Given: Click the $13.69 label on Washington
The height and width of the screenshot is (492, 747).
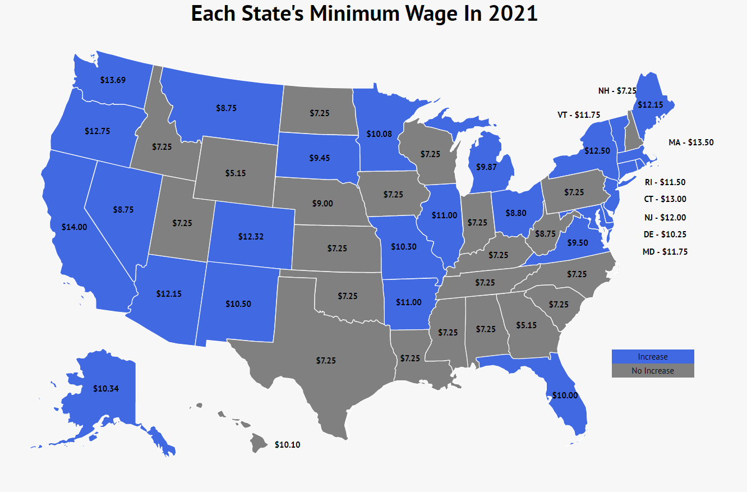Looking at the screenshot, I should pos(113,80).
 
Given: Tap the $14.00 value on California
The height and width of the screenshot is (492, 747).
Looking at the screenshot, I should pos(75,227).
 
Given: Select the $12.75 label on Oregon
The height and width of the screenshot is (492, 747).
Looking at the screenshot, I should pos(98,131).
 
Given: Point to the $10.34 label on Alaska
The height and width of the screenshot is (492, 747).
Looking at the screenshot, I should pos(105,388).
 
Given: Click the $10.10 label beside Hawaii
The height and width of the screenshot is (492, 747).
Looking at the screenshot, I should pos(287,445).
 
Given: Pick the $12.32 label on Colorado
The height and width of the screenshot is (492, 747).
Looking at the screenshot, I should pos(251,237).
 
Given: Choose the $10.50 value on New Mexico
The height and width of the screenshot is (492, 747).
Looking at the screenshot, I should pos(238,304).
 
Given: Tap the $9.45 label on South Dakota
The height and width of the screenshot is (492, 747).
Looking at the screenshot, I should pos(319,158).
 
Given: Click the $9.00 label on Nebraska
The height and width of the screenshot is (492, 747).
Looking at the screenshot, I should pos(322,204).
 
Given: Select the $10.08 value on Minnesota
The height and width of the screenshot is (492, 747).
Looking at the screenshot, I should pos(379,134).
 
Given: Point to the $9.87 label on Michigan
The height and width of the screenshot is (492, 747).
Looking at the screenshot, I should pos(486,167).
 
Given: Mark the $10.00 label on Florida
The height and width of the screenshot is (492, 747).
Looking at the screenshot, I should pos(565,395).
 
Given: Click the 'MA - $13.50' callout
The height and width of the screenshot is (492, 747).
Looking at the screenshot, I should pos(691,142).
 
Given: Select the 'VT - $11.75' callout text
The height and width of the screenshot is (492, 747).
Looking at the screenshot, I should pos(579,115).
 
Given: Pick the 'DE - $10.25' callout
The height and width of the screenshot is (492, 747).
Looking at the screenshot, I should pos(665,234).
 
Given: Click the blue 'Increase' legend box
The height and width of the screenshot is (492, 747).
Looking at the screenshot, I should pos(653,357).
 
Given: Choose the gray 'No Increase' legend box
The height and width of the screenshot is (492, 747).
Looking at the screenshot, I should pos(653,371).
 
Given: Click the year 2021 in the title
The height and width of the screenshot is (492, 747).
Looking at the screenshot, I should pos(513,13).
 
